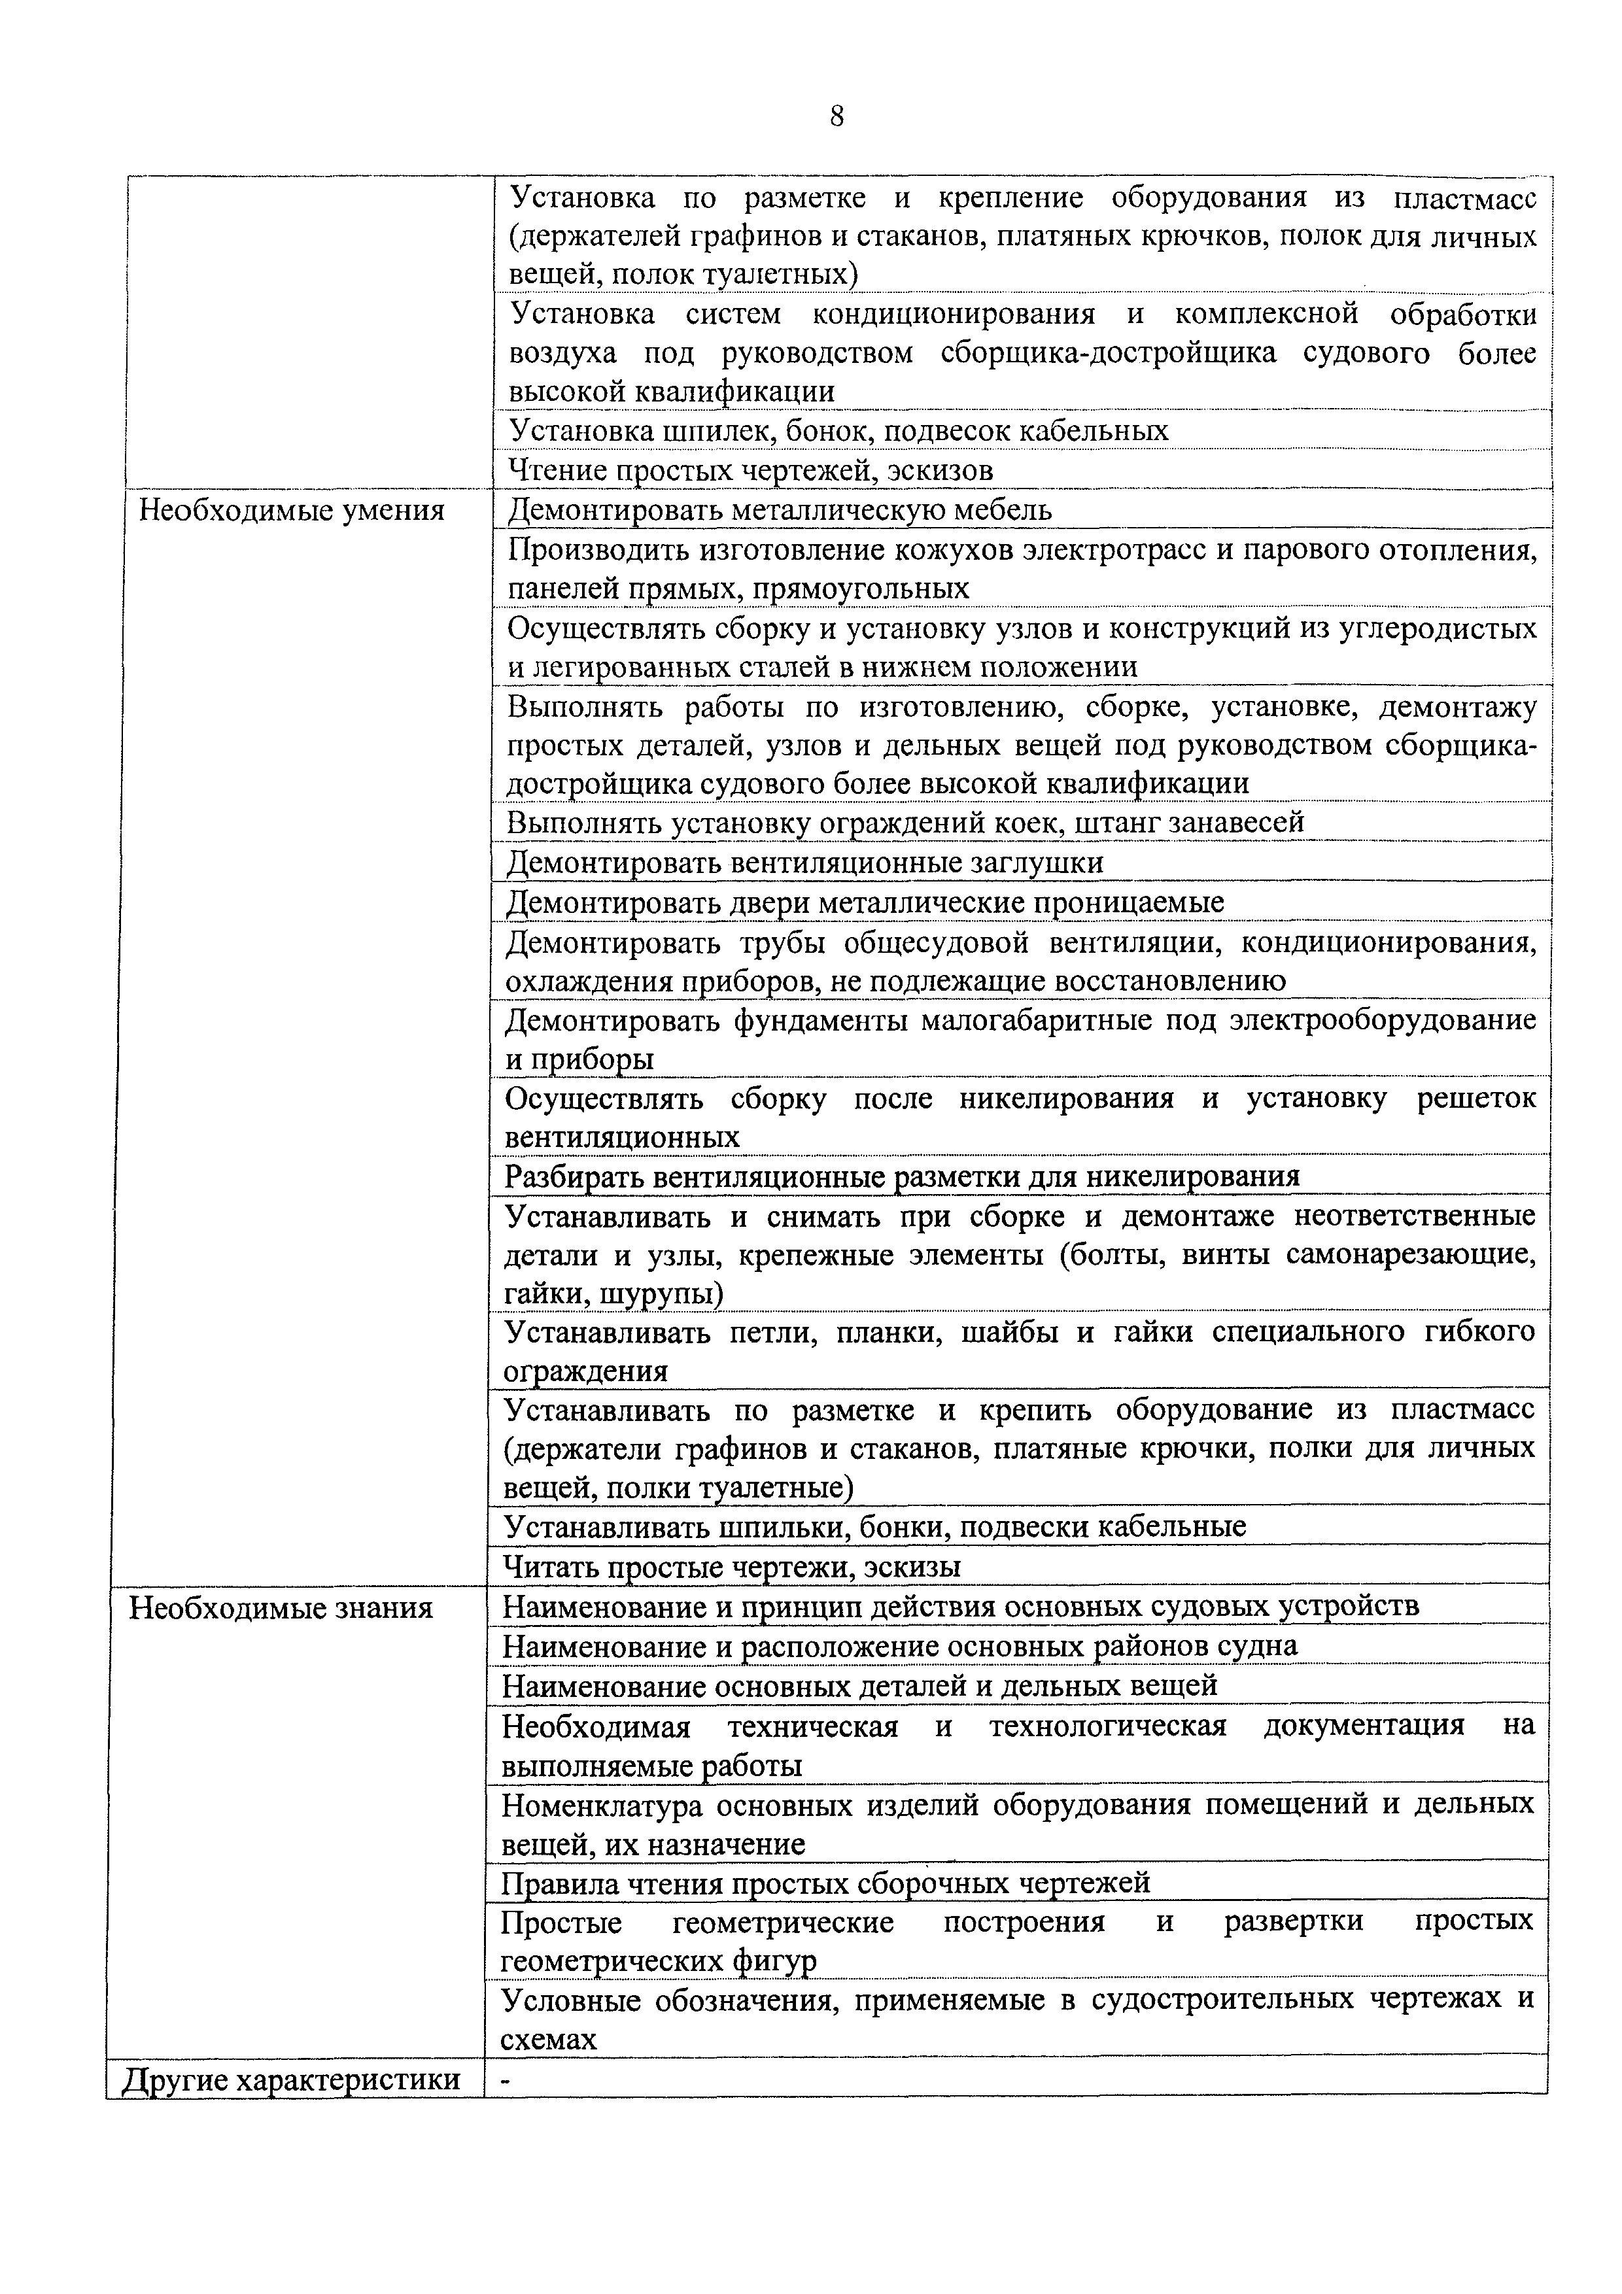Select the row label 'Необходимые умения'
[291, 511]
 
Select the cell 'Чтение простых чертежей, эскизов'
[751, 470]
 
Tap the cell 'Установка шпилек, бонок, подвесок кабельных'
[838, 431]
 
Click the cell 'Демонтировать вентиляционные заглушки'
[804, 863]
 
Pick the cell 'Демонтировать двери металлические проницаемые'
[865, 902]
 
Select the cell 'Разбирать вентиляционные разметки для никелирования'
[901, 1176]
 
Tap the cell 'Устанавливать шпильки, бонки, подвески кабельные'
[874, 1527]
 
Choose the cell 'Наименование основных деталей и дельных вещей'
[859, 1686]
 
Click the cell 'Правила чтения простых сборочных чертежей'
[825, 1883]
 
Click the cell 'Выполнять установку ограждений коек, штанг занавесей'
[905, 822]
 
